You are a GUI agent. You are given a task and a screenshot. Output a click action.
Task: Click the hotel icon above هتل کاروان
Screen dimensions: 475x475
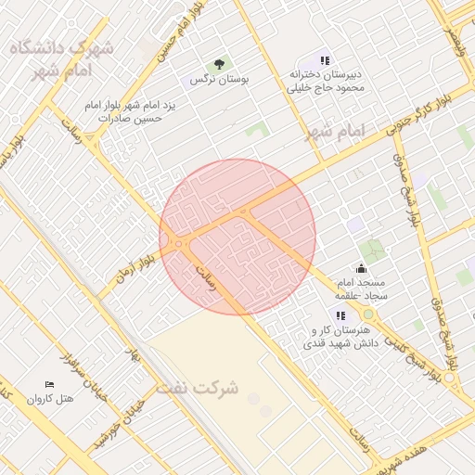coord(49,385)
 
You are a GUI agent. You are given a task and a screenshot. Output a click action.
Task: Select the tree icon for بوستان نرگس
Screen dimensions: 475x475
coord(218,64)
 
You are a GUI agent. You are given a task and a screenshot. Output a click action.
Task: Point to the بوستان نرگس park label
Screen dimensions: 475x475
coord(220,80)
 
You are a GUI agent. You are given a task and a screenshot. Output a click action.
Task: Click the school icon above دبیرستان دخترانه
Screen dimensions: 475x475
coord(325,60)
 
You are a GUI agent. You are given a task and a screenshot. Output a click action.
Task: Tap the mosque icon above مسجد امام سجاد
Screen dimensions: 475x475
coord(361,268)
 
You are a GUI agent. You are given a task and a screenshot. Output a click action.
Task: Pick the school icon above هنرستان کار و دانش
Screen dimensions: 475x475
coord(340,316)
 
